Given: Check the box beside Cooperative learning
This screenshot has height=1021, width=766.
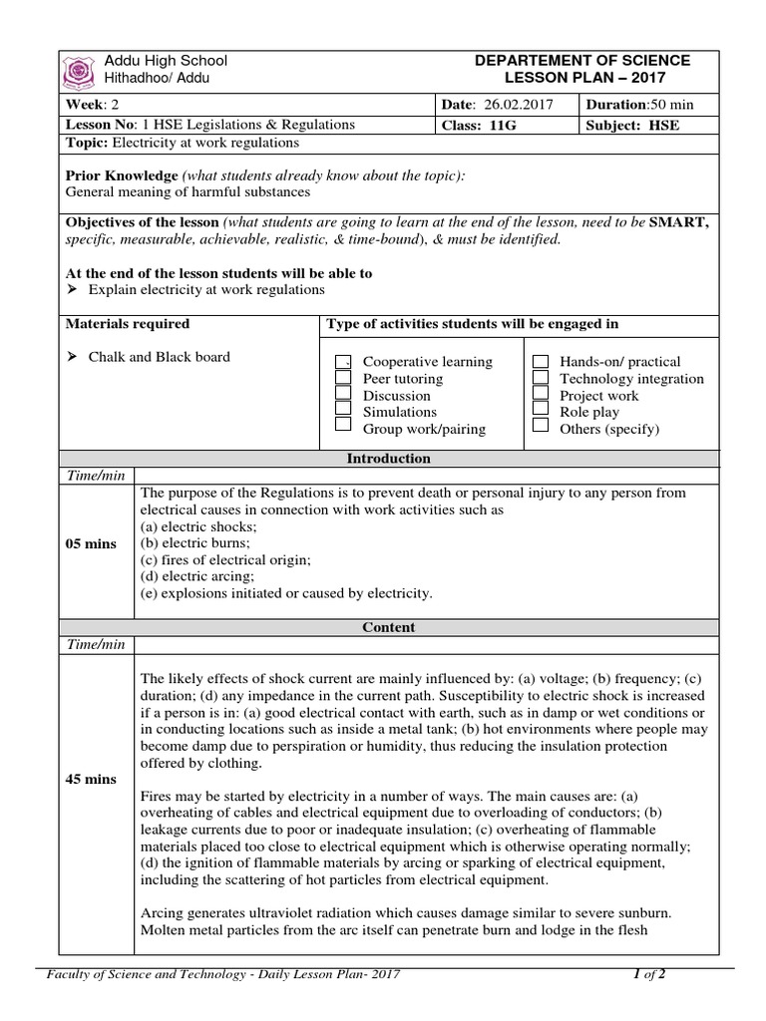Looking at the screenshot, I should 343,362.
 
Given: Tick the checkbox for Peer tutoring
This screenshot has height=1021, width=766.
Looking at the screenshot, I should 343,379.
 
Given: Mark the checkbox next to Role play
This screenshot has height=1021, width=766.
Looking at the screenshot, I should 541,411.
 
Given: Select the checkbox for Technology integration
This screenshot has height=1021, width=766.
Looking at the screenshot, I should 541,378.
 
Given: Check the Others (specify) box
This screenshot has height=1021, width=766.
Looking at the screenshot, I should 541,427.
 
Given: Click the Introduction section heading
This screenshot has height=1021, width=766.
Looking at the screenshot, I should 388,459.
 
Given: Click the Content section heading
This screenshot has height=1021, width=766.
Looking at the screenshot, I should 388,627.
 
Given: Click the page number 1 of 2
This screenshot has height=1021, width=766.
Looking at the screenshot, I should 649,974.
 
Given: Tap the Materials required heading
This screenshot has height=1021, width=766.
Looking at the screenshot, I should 127,324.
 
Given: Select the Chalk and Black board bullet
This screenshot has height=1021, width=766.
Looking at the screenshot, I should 150,357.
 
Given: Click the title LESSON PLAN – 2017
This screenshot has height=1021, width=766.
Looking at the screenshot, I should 582,79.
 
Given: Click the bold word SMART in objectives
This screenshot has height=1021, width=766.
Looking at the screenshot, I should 678,223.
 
